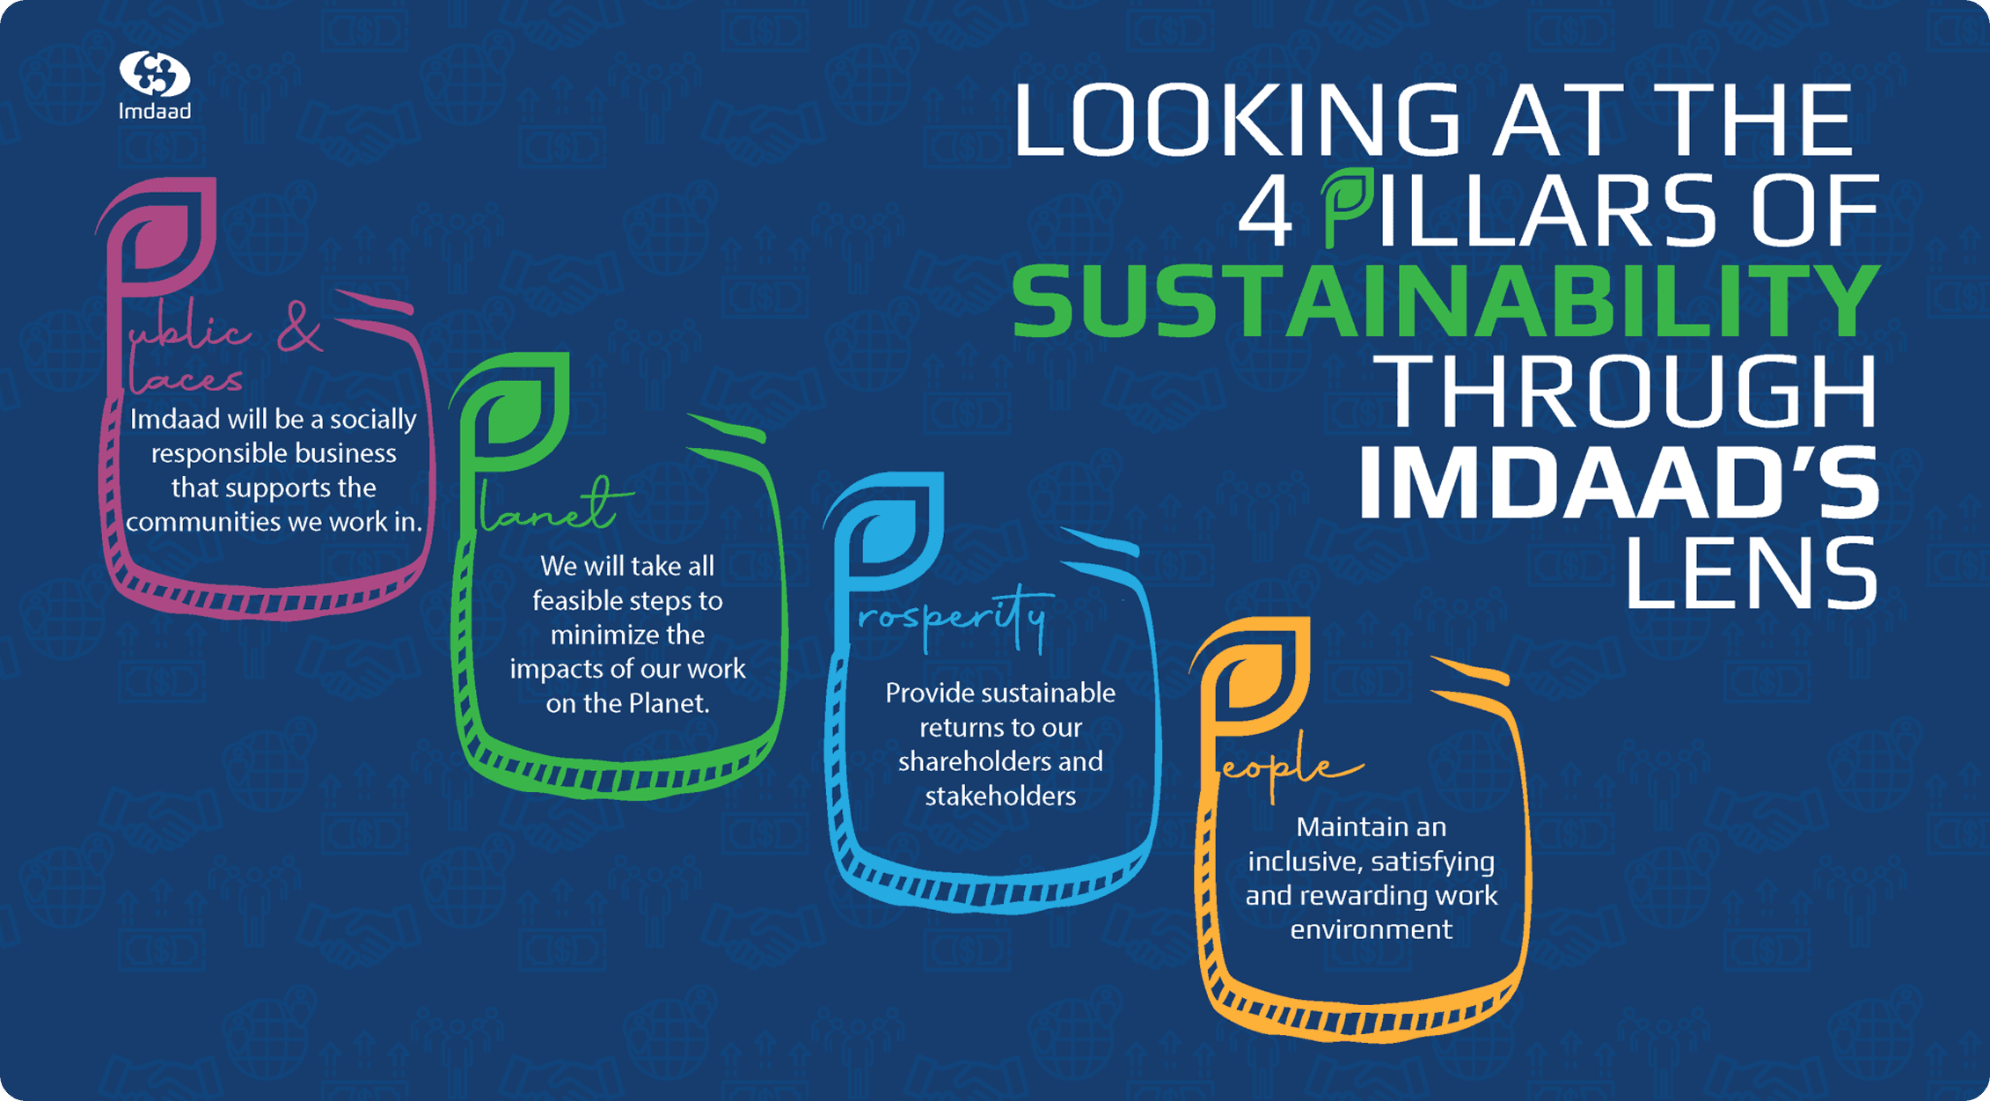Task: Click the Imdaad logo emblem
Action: (x=155, y=73)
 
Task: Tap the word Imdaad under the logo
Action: (x=155, y=111)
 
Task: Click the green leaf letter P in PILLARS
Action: (x=1346, y=207)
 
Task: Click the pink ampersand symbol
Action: (x=299, y=327)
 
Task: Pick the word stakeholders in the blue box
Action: (x=1000, y=796)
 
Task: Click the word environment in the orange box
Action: (x=1371, y=929)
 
